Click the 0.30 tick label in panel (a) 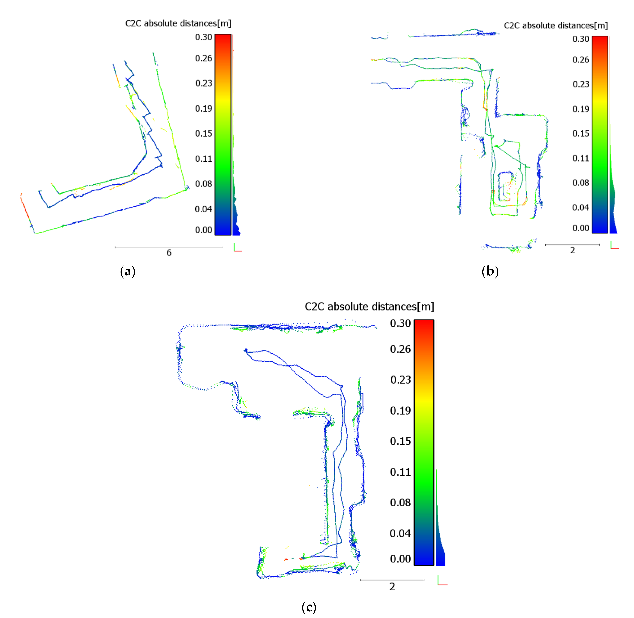point(204,37)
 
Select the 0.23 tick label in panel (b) point(581,84)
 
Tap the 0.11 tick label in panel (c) point(400,472)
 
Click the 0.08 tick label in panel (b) point(581,183)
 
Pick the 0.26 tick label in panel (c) point(400,349)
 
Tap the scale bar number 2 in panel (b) point(573,250)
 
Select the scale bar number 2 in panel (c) point(392,587)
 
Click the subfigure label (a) point(128,271)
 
